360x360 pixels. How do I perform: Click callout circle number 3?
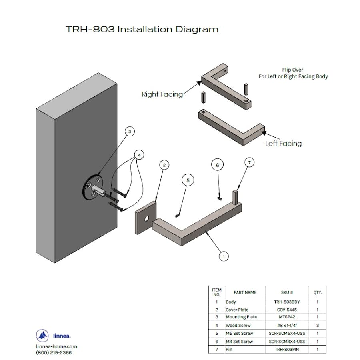[129, 131]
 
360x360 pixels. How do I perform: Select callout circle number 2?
[164, 164]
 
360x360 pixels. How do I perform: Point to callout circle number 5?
[188, 180]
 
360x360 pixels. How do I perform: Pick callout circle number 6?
[217, 165]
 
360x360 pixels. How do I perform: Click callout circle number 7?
[249, 162]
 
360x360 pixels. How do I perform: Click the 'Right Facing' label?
[162, 94]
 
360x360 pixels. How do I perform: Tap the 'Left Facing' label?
[283, 144]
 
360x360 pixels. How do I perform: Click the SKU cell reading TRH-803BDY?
[287, 302]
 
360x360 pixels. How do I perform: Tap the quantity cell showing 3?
[317, 326]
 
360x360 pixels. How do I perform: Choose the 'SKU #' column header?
[287, 292]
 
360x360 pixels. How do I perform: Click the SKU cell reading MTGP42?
[287, 317]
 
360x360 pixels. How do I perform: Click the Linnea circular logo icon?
[42, 335]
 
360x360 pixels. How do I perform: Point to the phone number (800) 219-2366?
[54, 352]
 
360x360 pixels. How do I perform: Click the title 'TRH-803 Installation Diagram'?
[142, 30]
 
